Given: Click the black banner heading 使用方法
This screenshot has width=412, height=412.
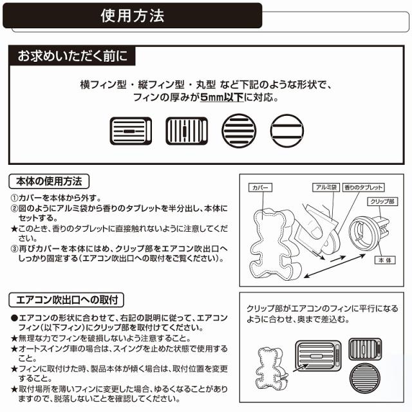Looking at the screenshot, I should (x=133, y=15).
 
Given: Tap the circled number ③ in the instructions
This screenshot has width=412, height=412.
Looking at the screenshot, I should (x=15, y=247).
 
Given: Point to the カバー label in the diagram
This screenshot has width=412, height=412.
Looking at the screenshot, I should (x=261, y=188).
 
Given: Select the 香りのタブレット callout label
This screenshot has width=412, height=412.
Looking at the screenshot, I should (x=364, y=187).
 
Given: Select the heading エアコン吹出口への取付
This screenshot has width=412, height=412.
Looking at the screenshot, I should (x=67, y=300).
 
